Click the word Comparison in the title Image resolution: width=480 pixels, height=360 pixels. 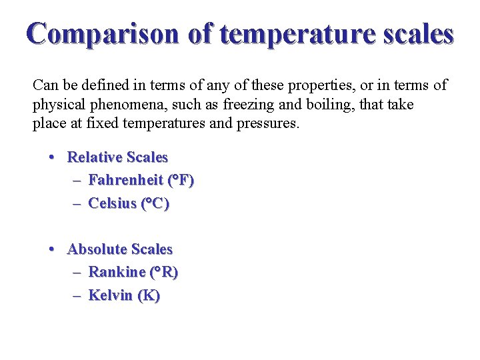(x=103, y=33)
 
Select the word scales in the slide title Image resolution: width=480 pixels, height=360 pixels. (x=417, y=33)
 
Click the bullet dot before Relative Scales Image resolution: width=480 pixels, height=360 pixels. (x=51, y=158)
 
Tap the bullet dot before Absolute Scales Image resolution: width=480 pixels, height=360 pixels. (x=51, y=250)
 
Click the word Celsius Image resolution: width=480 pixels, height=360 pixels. (x=112, y=203)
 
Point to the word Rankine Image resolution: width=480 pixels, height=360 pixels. (x=117, y=272)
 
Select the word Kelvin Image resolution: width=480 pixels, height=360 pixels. (x=111, y=295)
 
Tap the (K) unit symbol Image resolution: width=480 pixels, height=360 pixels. (x=149, y=295)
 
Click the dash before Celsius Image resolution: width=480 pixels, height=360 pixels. (x=77, y=203)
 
